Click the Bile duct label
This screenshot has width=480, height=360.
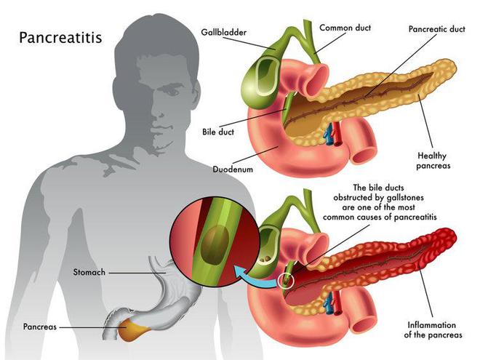219,133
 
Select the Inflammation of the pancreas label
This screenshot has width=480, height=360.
434,329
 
